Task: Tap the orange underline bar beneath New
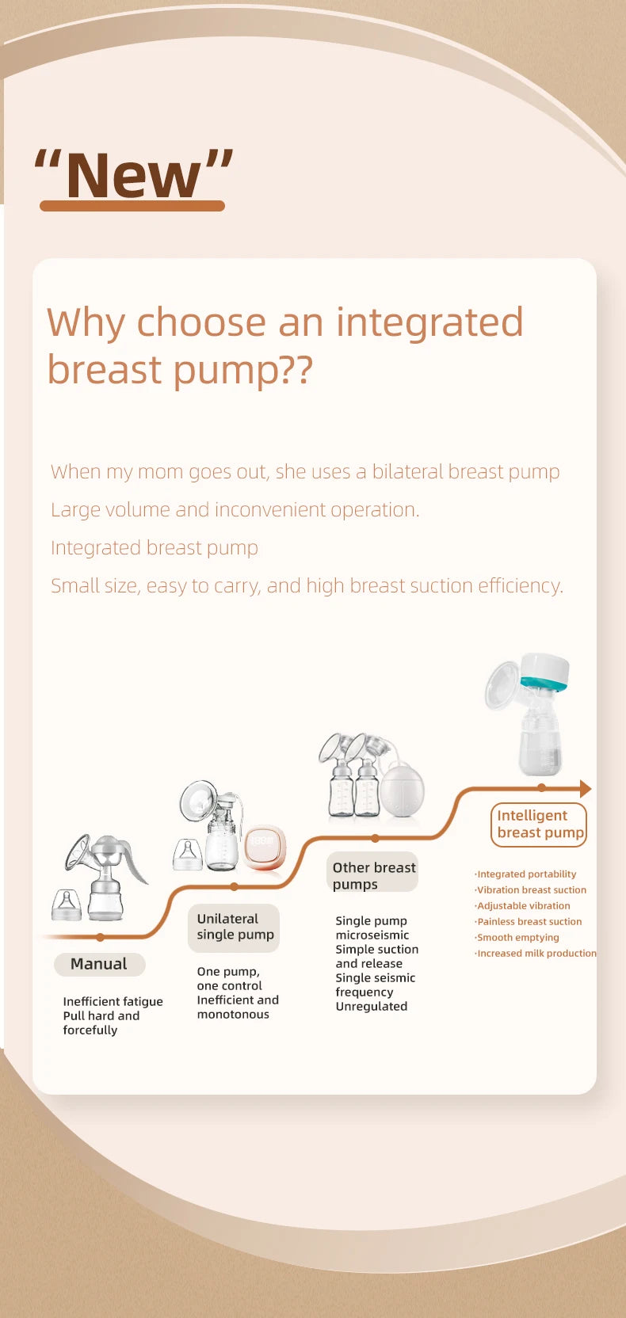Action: tap(132, 206)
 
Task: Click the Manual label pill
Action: tap(99, 964)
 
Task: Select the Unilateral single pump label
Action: tap(235, 927)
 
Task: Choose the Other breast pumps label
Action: tap(372, 875)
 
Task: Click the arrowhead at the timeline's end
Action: tap(585, 788)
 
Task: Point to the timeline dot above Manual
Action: tap(100, 937)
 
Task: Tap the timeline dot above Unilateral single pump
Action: tap(234, 886)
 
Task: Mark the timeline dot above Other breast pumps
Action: tap(375, 838)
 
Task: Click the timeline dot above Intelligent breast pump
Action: tap(541, 788)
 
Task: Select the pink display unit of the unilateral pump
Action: tap(264, 846)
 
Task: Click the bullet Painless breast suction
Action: tap(529, 922)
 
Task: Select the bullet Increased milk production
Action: tap(536, 954)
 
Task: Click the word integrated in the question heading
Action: tap(429, 322)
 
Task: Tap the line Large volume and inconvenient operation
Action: tap(235, 510)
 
